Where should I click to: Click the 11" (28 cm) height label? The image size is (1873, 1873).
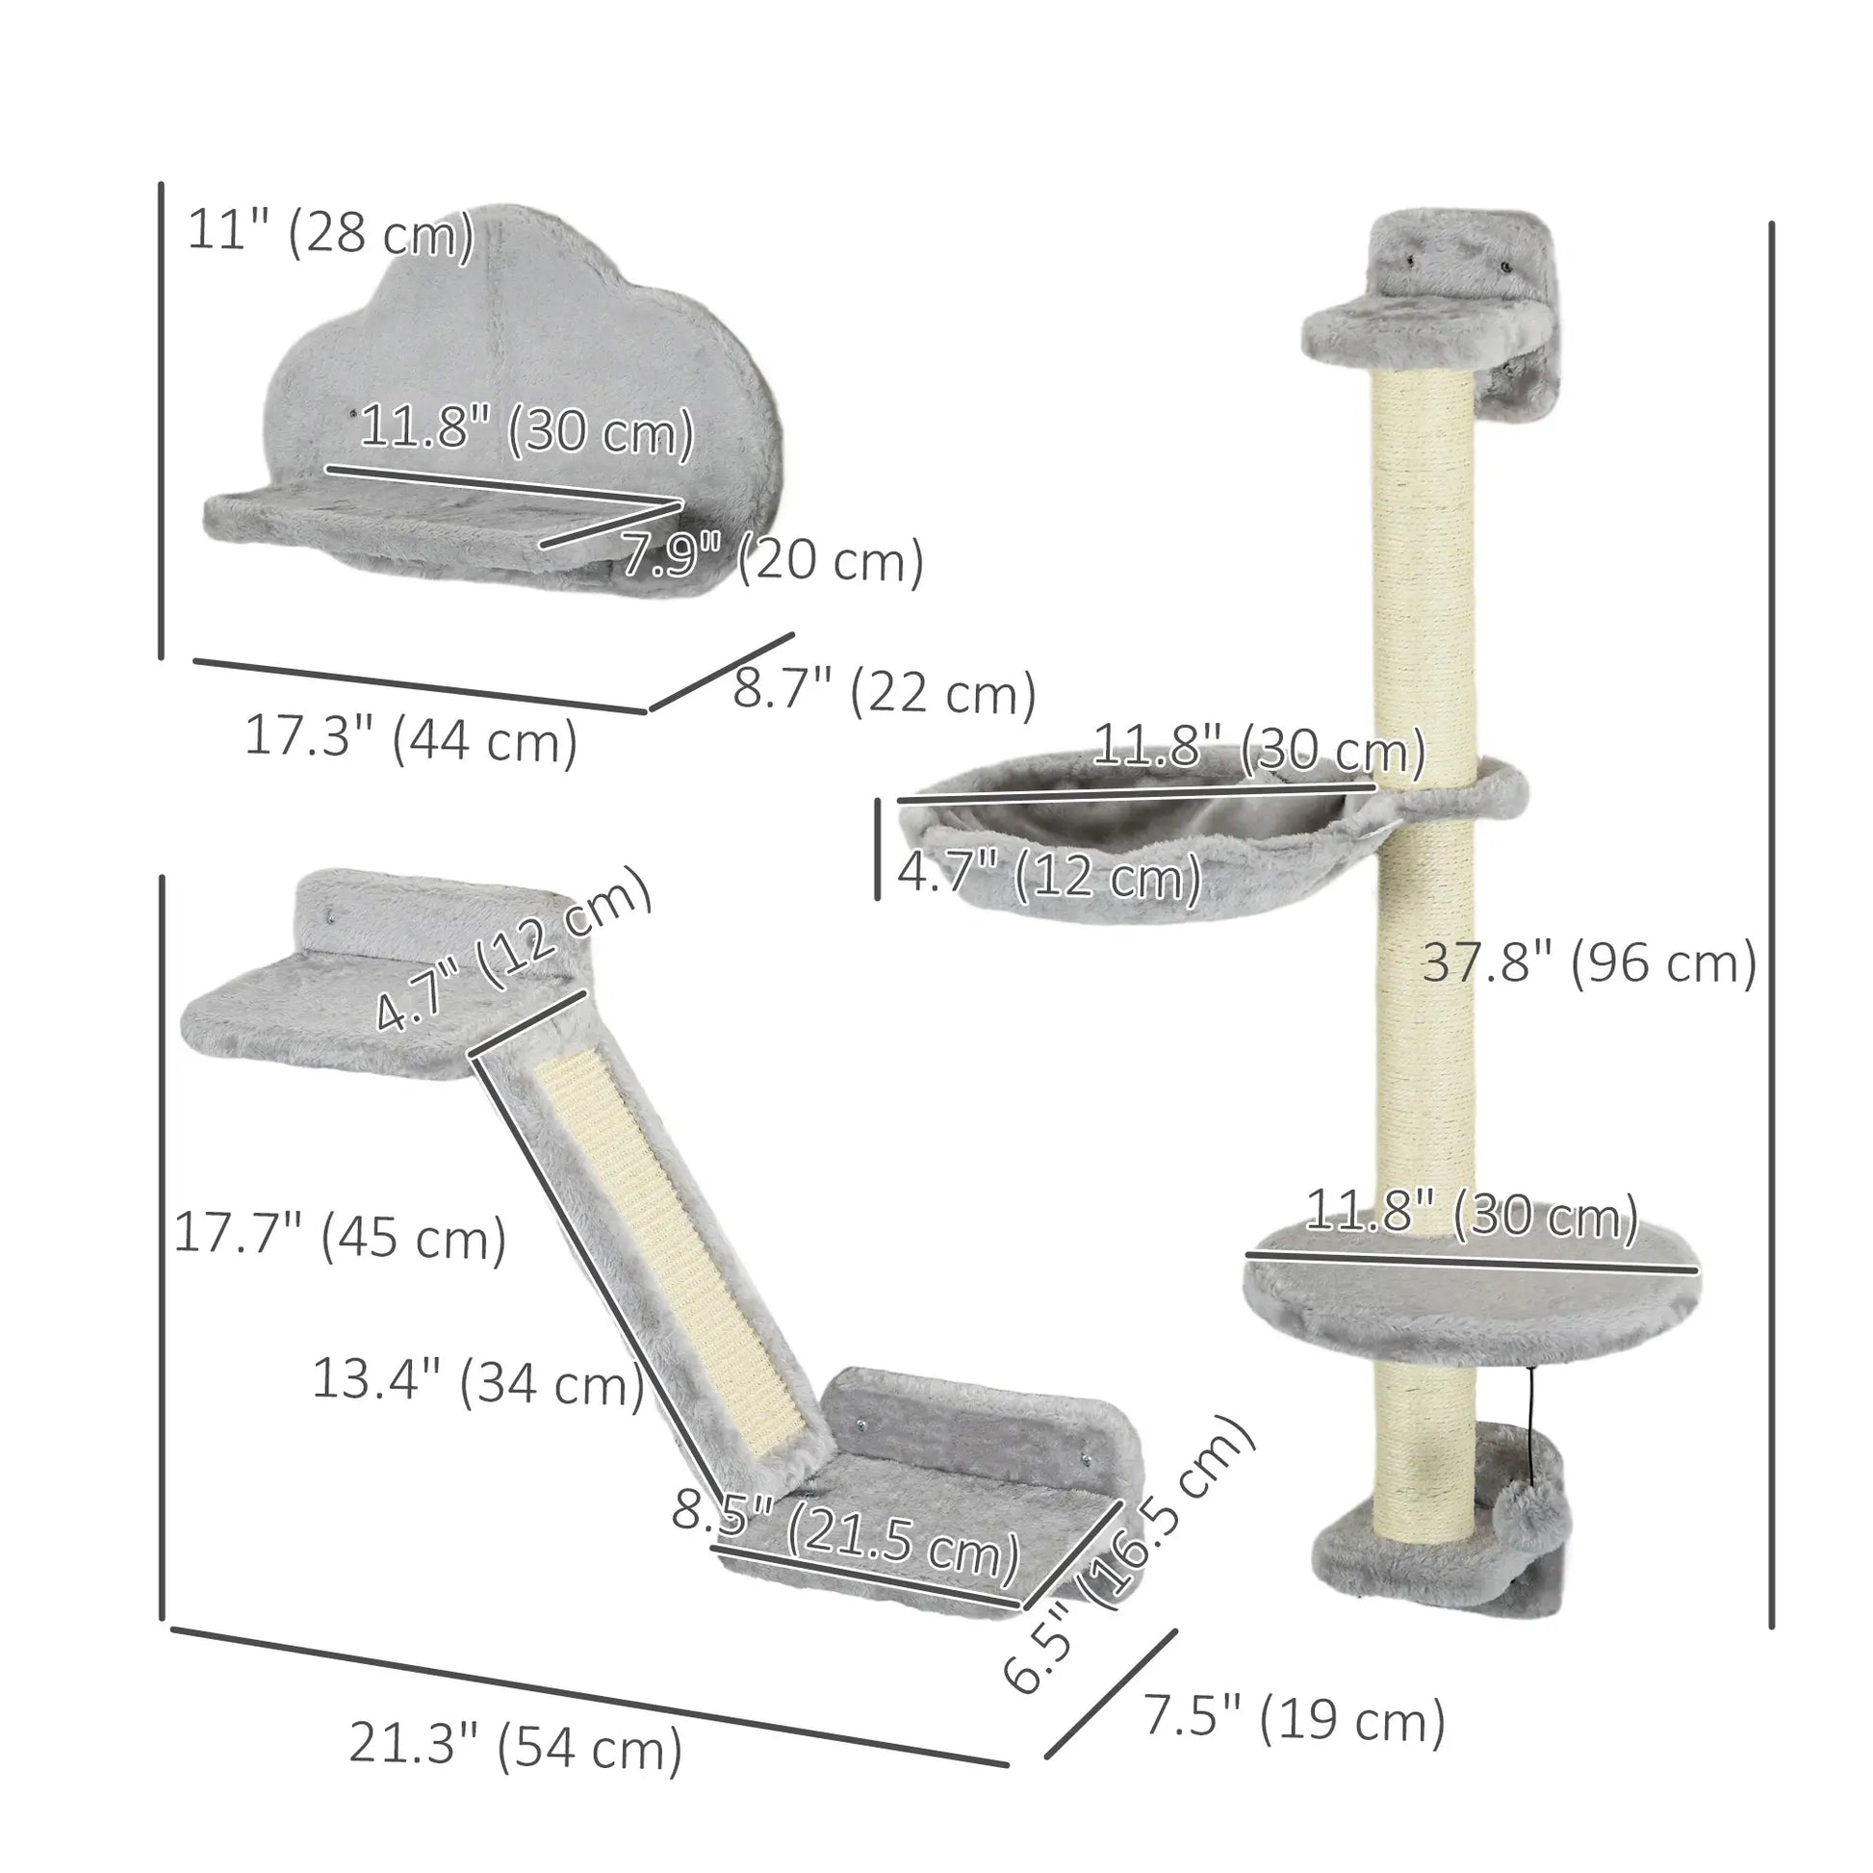point(330,232)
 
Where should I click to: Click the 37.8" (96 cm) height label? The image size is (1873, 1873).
point(1589,962)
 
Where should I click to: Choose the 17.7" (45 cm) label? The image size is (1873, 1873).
point(341,1236)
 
